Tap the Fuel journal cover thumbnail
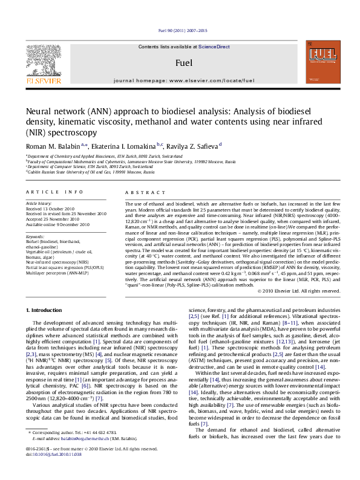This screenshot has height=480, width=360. [322, 62]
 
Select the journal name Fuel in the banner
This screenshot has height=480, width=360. [184, 62]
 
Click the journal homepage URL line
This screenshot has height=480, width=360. [184, 80]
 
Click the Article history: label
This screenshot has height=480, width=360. [39, 204]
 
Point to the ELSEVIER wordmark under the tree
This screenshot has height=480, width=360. [43, 79]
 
